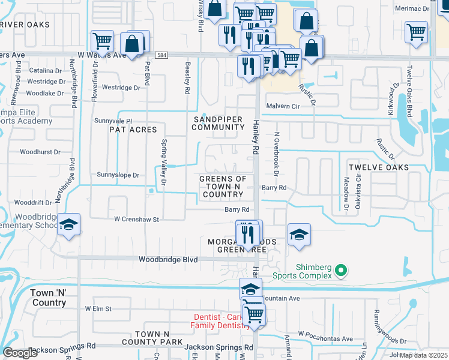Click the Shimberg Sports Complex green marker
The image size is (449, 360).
[341, 271]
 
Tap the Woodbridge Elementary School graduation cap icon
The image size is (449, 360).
[69, 225]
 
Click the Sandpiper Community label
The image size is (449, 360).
[218, 123]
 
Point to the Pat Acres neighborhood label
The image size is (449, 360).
[133, 130]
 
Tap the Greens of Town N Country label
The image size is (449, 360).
[223, 187]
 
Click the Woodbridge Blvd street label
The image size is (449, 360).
[168, 260]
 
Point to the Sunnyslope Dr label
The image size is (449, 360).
[118, 175]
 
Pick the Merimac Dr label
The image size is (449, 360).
[412, 8]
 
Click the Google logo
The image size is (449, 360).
[20, 353]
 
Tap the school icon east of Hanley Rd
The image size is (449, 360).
[299, 234]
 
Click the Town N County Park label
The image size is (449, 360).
[158, 338]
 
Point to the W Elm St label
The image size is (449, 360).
[98, 308]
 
